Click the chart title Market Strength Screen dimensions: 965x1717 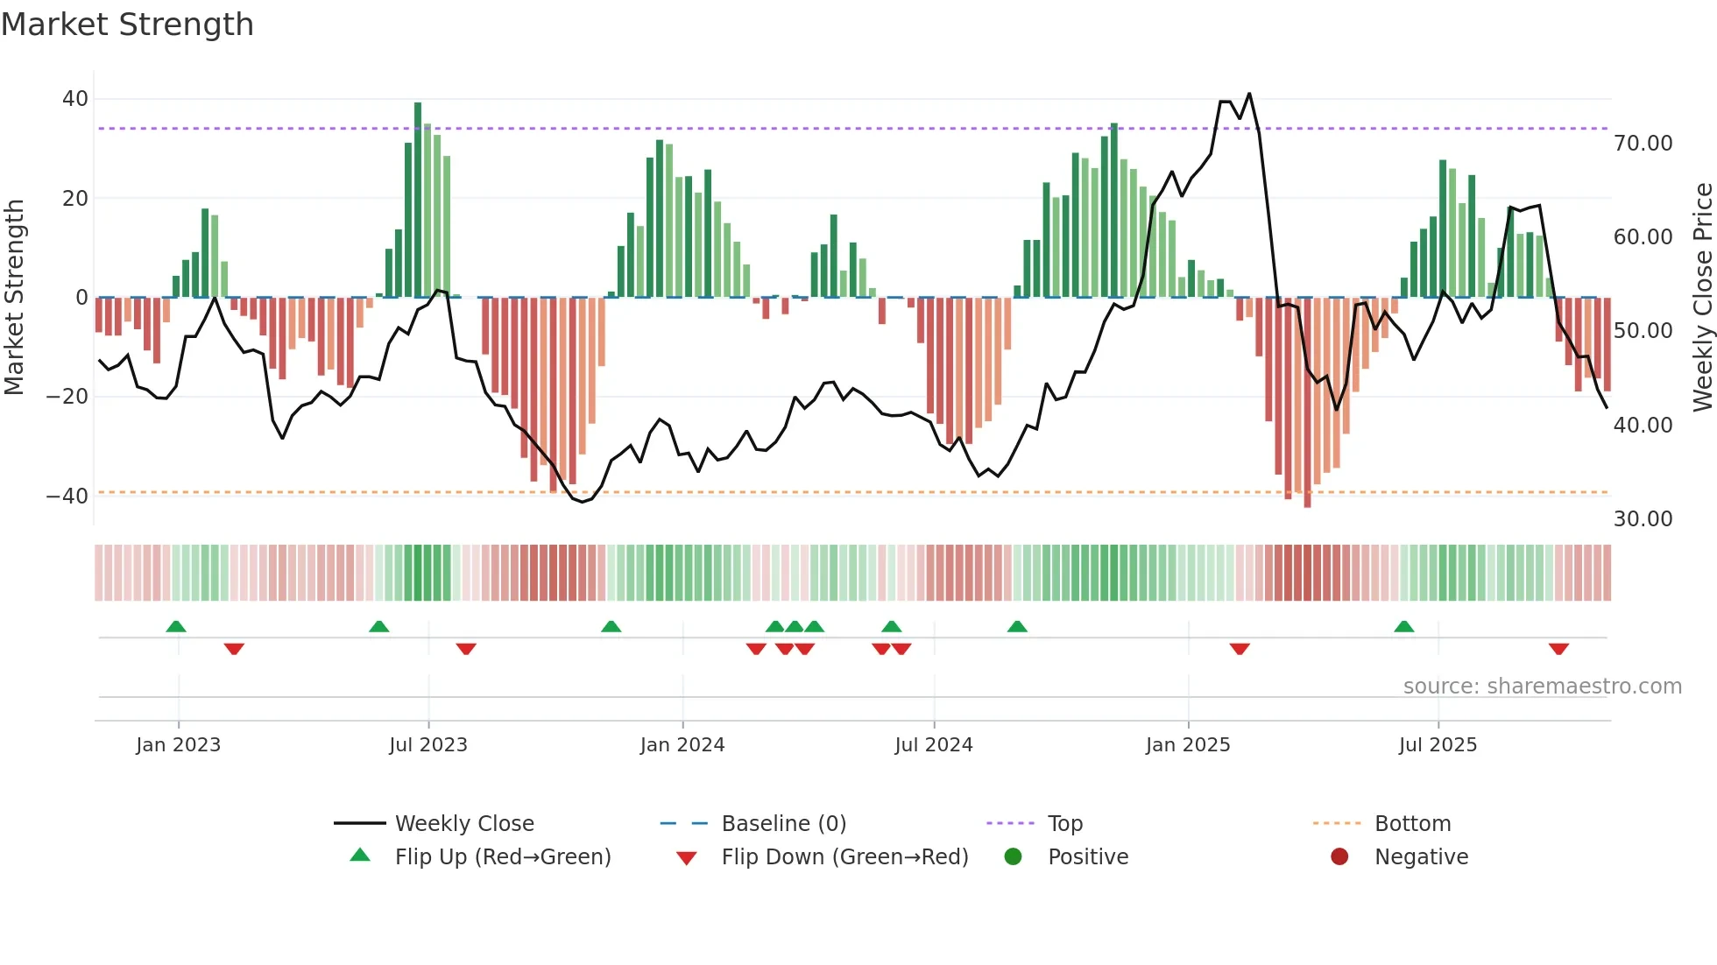tap(127, 25)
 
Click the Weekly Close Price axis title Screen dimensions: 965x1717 tap(1702, 297)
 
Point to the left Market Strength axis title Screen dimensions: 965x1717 tap(14, 297)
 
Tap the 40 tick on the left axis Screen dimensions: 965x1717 tap(75, 99)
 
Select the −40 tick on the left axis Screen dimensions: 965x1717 tap(67, 496)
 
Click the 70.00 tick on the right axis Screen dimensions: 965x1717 tap(1643, 144)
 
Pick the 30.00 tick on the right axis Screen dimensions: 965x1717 tap(1643, 519)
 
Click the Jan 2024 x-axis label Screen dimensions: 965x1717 tap(682, 745)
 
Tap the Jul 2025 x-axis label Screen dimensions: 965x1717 tap(1438, 745)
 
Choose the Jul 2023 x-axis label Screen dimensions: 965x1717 tap(428, 745)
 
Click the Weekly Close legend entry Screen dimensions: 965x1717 tap(463, 824)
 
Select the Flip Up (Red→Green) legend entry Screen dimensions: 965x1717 tap(502, 857)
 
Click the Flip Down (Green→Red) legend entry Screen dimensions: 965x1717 tap(844, 857)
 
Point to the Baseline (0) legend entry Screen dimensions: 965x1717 tap(783, 824)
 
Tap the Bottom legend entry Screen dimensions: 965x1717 tap(1412, 824)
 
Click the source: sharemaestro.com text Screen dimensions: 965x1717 tap(1542, 687)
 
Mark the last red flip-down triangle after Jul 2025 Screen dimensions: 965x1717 tap(1558, 649)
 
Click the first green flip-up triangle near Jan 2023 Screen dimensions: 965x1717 tap(176, 626)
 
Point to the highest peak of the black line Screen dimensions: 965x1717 tap(1249, 94)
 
